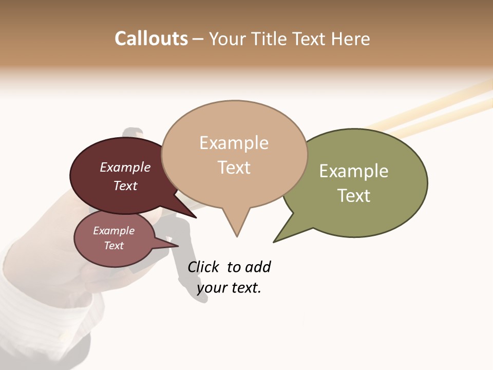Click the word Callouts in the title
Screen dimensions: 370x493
click(x=151, y=39)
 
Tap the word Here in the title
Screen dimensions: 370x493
click(x=350, y=39)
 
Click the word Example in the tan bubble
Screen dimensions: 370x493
click(x=234, y=142)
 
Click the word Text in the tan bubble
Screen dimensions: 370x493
click(x=234, y=167)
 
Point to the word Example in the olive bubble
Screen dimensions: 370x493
click(x=354, y=171)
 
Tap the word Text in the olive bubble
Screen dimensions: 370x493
click(x=354, y=195)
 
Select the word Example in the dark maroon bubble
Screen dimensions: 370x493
click(x=125, y=167)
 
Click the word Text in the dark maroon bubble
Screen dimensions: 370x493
click(x=125, y=186)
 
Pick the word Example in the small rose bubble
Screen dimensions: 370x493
click(x=113, y=231)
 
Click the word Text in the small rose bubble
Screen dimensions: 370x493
click(x=113, y=246)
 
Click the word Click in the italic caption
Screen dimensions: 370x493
click(x=203, y=267)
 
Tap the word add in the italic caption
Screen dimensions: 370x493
click(x=258, y=267)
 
